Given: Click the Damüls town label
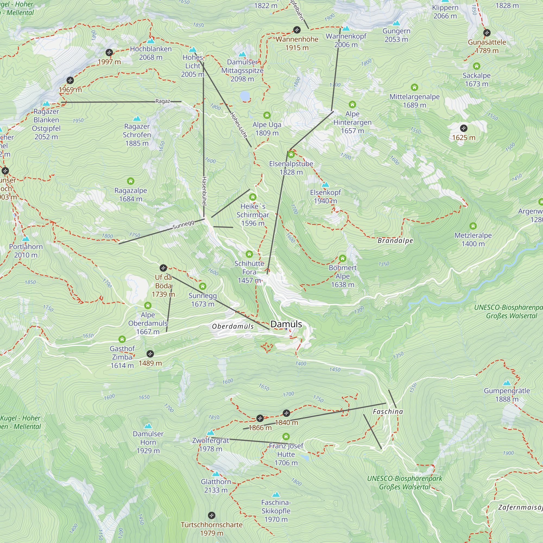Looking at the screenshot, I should [x=286, y=324].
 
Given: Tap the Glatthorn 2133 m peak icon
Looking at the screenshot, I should [x=216, y=474].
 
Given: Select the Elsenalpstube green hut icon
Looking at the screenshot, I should [x=291, y=154].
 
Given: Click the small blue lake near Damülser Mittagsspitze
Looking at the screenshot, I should [x=245, y=96].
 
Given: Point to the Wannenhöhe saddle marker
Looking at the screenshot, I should [x=297, y=30].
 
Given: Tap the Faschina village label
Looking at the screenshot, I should [x=388, y=412].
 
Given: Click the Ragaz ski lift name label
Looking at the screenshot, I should [x=163, y=101].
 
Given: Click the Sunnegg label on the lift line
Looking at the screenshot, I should [x=183, y=225].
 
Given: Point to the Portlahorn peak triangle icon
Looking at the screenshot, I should [x=26, y=239].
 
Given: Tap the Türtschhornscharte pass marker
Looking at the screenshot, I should [x=212, y=515].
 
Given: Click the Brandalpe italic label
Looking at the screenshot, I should [x=395, y=241].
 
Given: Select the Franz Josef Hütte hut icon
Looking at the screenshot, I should [x=286, y=437].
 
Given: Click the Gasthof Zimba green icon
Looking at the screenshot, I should [x=122, y=339].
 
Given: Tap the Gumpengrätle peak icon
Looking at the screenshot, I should [x=507, y=383].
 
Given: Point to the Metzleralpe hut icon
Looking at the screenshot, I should [x=473, y=226].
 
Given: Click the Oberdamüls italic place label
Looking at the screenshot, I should [x=233, y=326].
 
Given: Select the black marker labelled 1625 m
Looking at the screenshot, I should [x=464, y=128].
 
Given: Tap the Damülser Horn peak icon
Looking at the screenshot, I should [x=148, y=426].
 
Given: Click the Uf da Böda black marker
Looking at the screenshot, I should [x=163, y=268].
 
